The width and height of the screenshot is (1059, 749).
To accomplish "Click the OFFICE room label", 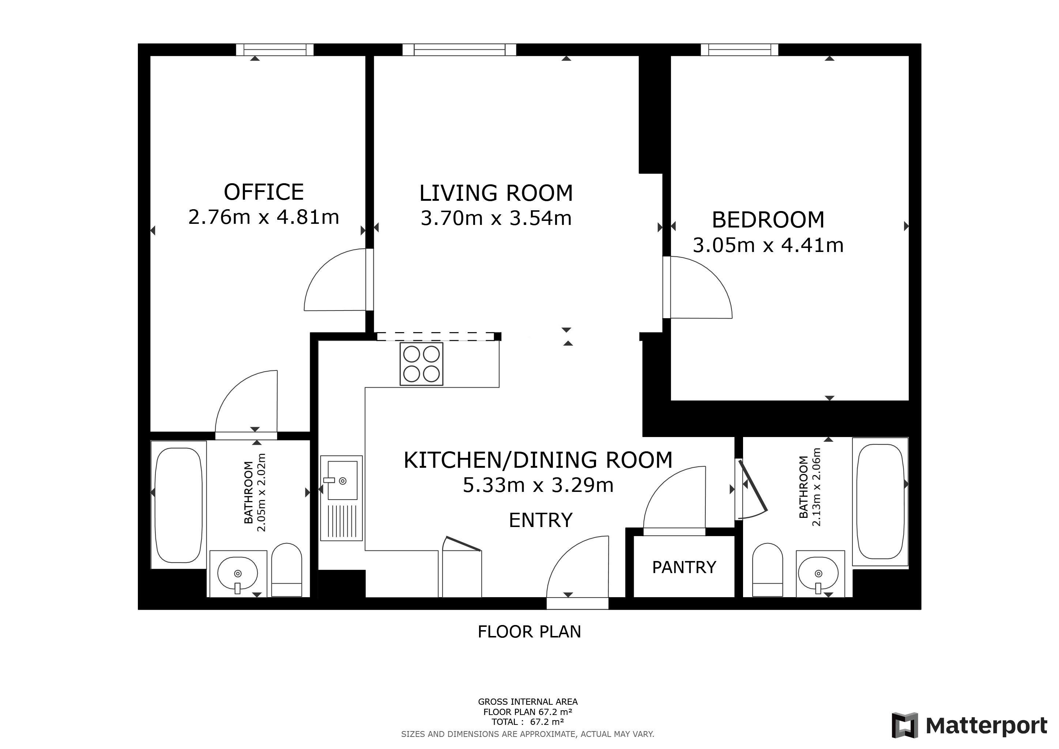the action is pos(264,192).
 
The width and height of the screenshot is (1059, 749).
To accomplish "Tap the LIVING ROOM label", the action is pos(496,193).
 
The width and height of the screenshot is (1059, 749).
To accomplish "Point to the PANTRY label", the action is pos(684,567).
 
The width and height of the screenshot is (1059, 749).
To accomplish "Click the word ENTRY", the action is pos(540,520).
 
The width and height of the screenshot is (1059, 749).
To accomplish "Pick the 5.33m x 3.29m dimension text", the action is pos(538,485).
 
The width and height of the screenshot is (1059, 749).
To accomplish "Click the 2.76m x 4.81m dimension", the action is pos(264,217).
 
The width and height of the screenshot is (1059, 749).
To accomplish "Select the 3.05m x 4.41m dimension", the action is pos(768,245).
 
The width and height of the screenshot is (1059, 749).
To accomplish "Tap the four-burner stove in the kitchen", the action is pos(422,364).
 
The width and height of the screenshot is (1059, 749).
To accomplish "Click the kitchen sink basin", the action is pos(342,481).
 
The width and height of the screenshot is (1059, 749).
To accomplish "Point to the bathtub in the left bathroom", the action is pos(179,505).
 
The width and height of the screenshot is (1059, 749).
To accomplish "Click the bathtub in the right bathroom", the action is pos(880,501).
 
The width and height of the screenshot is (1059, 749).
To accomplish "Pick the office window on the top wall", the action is pos(275,50).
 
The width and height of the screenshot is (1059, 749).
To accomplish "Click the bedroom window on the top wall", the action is pos(739,50).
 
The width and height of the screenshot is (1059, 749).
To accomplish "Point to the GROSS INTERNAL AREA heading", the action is pos(528,702).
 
